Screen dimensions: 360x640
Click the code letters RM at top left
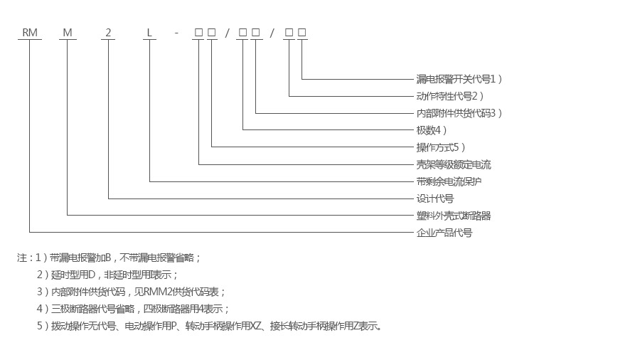point(30,32)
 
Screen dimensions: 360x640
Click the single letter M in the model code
point(67,32)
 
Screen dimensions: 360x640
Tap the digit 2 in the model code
point(108,32)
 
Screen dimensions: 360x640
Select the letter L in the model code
point(149,32)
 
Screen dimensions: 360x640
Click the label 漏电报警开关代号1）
point(459,79)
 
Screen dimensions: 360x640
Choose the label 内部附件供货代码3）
point(459,113)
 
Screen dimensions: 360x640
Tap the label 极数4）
point(432,130)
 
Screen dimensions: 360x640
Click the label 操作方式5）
point(441,147)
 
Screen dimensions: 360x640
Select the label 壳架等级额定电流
point(454,164)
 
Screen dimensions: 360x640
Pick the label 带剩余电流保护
point(449,181)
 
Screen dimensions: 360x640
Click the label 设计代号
point(434,198)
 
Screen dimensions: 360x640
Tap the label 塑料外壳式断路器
point(454,216)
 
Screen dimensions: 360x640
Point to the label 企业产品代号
point(444,233)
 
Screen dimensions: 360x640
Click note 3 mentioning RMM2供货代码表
point(132,292)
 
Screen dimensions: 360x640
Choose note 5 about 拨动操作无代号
point(210,326)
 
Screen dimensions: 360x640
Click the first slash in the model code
point(227,32)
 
